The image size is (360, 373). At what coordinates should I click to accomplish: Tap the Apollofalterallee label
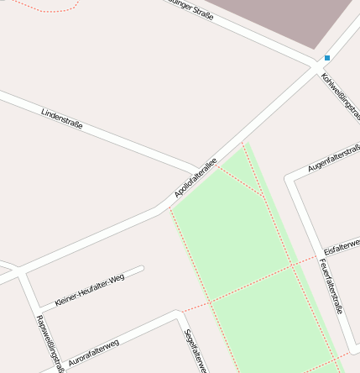pos(196,178)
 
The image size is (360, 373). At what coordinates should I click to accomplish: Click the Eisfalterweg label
pos(341,246)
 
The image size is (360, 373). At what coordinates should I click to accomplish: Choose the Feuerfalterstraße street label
pos(331,285)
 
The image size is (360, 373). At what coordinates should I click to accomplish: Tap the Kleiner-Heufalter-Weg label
pos(89,289)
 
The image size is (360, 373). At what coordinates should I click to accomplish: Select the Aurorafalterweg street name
pos(94,350)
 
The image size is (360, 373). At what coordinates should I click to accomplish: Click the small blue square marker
pos(327,58)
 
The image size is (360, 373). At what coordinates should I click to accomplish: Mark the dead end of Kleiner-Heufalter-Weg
pos(142,269)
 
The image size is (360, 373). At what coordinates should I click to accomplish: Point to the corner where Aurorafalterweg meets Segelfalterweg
pos(178,314)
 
